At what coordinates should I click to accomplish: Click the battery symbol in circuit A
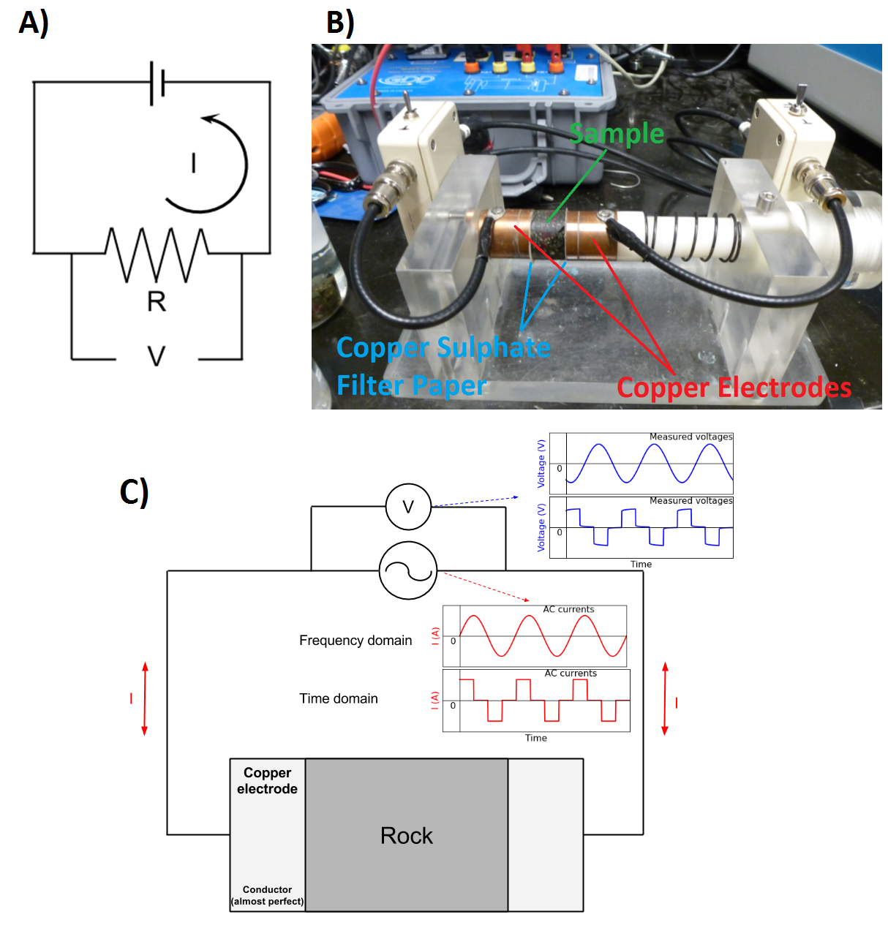coord(157,83)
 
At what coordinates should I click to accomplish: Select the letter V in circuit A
coord(157,356)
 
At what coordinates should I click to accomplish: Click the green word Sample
coord(617,134)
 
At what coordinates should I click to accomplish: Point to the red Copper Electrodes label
coord(734,388)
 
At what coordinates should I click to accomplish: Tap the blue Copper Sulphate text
coord(443,347)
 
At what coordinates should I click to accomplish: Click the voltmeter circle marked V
coord(408,506)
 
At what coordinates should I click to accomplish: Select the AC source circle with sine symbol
coord(408,570)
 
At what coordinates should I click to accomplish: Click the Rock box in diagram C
coord(407,835)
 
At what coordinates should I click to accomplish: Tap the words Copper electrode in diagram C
coord(267,781)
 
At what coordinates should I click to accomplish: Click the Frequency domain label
coord(355,641)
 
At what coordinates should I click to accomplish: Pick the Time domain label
coord(339,698)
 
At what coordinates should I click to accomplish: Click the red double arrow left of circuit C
coord(145,698)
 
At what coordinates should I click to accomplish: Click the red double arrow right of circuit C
coord(665,698)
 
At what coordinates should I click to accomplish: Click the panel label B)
coord(340,22)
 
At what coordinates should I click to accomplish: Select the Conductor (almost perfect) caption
coord(267,896)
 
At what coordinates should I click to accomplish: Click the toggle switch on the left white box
coord(407,106)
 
